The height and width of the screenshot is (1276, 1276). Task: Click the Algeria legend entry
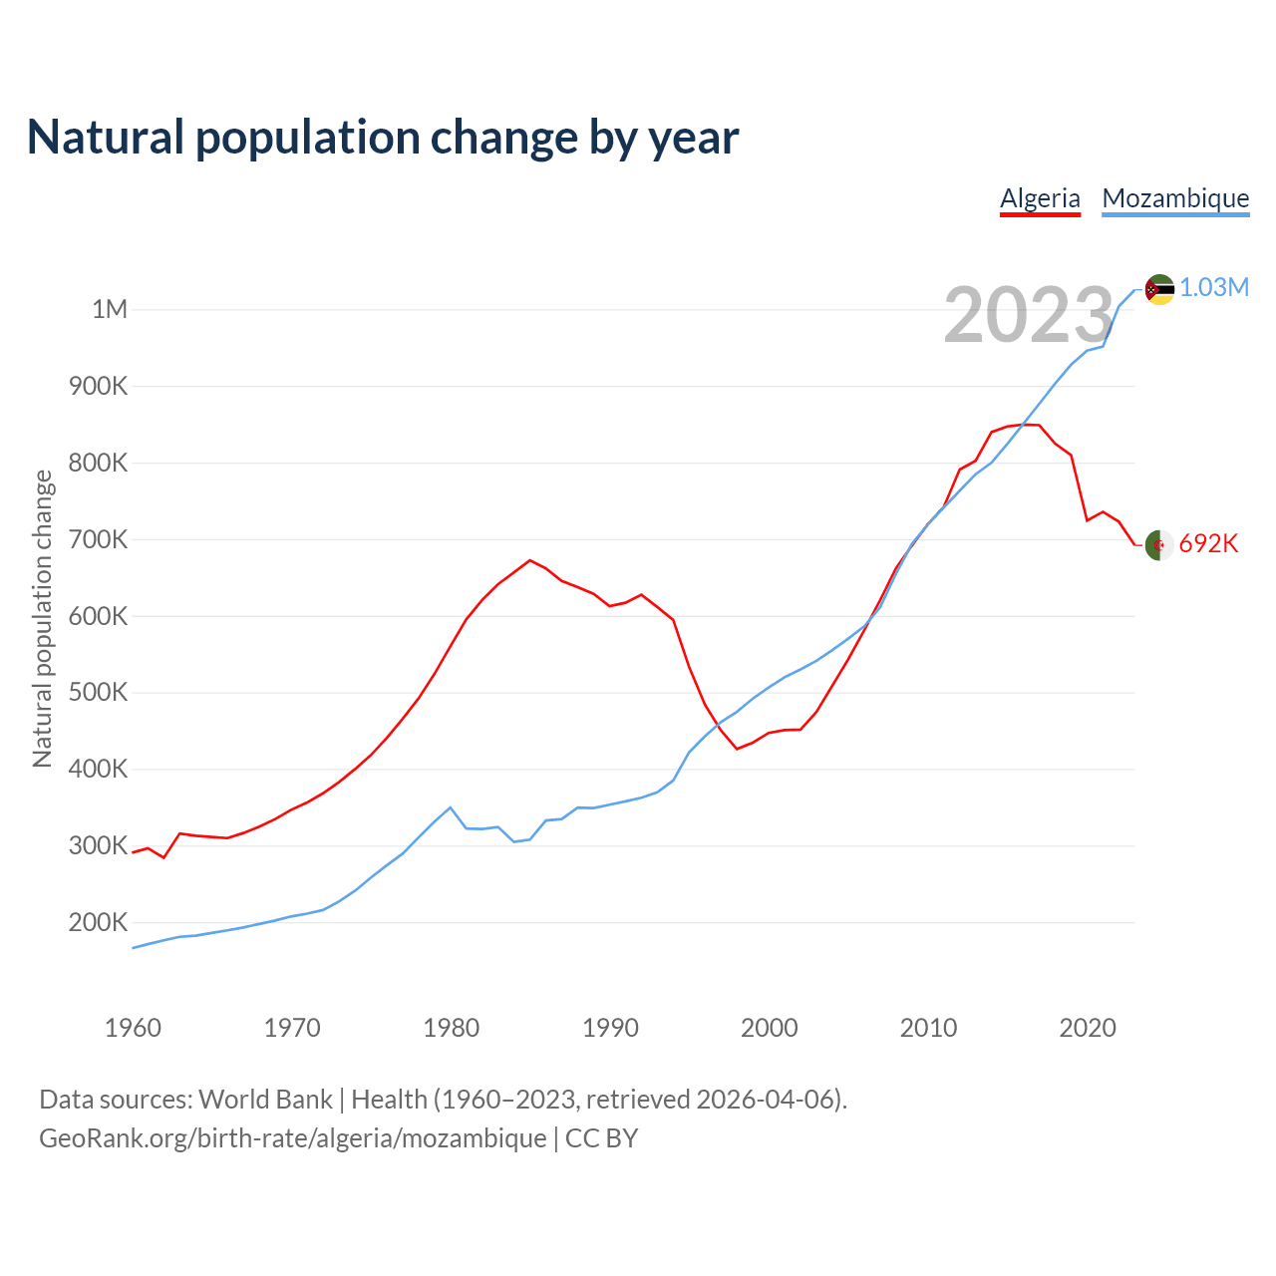[1040, 198]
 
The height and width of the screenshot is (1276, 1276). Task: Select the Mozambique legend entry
[1175, 198]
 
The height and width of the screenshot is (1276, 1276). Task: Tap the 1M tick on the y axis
[110, 309]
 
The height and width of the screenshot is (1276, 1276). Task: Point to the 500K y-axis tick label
[99, 692]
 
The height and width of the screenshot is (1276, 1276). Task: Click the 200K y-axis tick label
[99, 922]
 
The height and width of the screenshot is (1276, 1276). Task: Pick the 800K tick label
[99, 463]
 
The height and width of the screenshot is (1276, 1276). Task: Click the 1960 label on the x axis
[133, 1028]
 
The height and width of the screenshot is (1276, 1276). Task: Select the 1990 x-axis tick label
[610, 1028]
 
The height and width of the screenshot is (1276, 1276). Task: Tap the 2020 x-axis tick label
[1088, 1028]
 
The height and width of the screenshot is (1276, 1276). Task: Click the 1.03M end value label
[1214, 288]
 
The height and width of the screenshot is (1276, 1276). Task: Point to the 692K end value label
[1208, 544]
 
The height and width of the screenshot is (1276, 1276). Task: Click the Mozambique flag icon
[1159, 289]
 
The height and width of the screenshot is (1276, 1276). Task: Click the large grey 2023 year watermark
[1028, 316]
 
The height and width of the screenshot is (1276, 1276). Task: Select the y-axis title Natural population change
[42, 619]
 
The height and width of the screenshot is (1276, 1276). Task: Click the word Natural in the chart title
[106, 138]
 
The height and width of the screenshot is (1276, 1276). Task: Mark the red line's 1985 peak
[530, 560]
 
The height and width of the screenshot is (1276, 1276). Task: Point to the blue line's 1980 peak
[451, 807]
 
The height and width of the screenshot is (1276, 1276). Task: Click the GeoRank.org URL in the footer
[292, 1138]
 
